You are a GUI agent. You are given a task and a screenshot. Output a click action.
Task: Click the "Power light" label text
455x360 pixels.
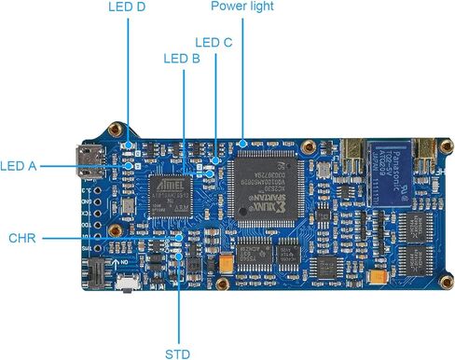[241, 7]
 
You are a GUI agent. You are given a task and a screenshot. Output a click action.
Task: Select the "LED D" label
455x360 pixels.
[127, 7]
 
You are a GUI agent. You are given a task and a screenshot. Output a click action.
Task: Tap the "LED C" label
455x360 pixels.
[213, 42]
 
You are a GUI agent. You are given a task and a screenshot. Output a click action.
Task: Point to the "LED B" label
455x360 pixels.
[182, 58]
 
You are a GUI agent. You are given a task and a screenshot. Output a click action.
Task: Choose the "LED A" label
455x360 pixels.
[19, 166]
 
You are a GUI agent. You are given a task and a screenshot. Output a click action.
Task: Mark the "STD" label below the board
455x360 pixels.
[178, 353]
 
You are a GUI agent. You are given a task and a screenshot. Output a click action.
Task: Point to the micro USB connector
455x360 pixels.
[92, 164]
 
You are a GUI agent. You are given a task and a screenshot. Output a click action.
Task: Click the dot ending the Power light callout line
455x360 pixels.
[241, 144]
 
